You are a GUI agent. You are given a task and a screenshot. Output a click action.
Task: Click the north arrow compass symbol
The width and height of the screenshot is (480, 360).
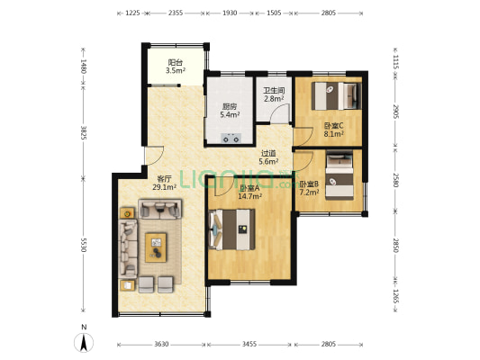84,342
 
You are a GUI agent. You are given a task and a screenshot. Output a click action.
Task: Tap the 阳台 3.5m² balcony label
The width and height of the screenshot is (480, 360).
176,67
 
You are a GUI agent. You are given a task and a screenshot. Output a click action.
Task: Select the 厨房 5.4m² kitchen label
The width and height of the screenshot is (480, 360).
230,111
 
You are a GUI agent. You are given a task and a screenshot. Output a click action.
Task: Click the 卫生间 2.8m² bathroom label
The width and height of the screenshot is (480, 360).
274,94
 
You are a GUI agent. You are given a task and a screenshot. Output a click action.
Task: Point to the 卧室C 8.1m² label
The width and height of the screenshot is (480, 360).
334,130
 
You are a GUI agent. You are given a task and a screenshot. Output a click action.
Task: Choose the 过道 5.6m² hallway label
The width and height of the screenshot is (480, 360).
268,157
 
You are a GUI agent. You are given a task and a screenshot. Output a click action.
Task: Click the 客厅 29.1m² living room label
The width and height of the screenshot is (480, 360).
165,183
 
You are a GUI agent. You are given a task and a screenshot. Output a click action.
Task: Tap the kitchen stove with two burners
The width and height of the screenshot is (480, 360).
231,138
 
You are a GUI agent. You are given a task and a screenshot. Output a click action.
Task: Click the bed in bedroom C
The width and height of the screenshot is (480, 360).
337,95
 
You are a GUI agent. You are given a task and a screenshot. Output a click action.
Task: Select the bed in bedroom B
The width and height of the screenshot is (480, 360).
340,175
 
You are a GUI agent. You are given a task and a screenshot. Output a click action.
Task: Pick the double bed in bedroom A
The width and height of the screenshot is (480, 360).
231,229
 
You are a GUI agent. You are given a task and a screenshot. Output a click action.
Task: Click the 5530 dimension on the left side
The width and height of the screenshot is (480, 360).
83,245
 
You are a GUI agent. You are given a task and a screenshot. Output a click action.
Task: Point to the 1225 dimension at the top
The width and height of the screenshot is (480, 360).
133,13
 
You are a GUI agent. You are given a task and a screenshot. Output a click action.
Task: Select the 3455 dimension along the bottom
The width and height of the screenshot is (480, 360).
249,345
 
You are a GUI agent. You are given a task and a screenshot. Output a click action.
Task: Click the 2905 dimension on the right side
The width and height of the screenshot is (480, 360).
395,112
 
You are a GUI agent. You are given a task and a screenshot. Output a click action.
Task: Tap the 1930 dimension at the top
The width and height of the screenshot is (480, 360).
230,13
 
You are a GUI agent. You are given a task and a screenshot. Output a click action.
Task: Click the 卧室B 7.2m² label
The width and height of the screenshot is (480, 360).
309,188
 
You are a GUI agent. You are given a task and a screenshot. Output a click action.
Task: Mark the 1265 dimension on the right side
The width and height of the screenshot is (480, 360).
395,296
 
